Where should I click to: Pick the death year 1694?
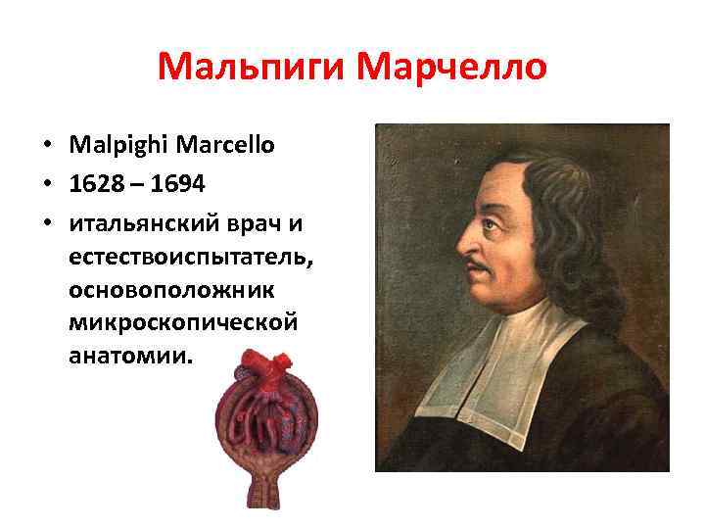coord(178,185)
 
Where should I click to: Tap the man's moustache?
coord(478,265)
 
